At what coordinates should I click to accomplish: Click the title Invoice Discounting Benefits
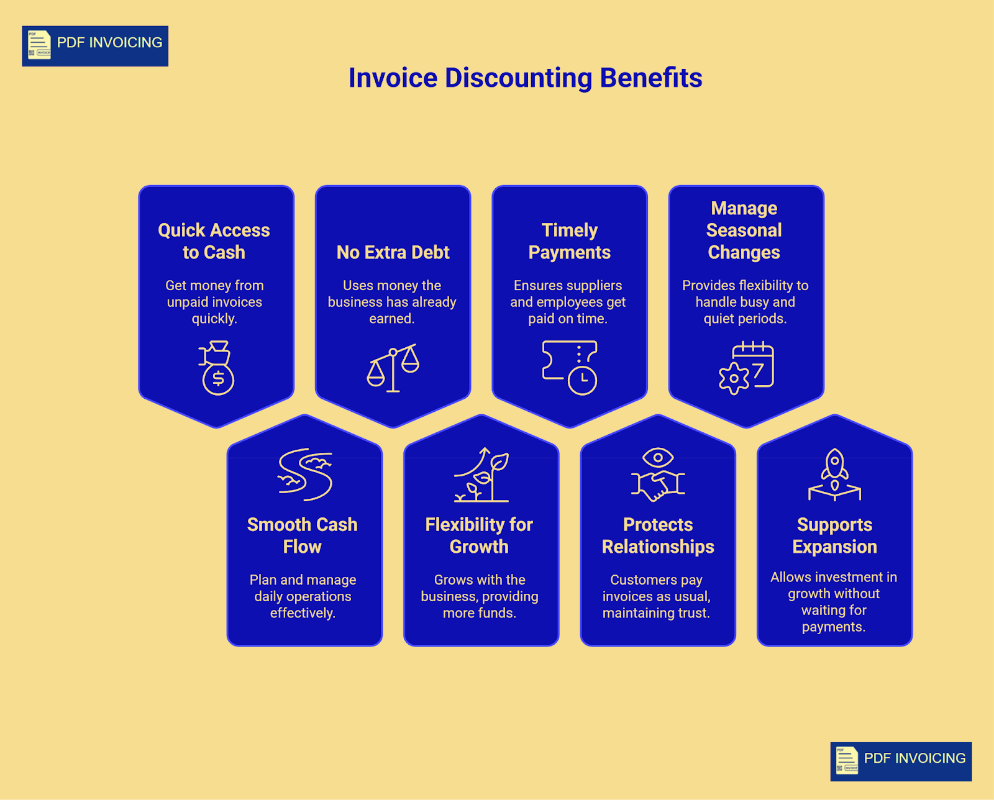click(525, 78)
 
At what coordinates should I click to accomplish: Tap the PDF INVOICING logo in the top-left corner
click(95, 46)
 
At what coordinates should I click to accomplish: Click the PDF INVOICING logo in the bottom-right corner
click(901, 761)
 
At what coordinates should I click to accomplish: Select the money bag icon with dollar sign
click(216, 368)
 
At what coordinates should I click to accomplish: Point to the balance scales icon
click(393, 368)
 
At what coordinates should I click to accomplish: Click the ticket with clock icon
click(570, 368)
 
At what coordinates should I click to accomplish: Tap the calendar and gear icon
click(746, 368)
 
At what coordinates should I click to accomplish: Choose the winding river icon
click(305, 475)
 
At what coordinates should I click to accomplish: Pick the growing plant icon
click(481, 475)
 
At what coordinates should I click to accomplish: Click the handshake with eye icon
click(658, 475)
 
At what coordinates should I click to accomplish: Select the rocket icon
click(834, 475)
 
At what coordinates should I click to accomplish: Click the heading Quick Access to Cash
click(214, 241)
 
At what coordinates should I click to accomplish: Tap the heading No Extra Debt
click(393, 252)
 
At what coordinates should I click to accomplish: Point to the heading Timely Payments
click(570, 241)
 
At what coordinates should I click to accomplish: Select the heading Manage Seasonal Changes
click(744, 230)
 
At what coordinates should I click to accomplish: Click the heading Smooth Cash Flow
click(302, 536)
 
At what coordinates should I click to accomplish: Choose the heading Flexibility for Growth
click(479, 536)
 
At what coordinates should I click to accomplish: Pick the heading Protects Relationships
click(658, 536)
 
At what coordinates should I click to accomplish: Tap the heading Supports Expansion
click(834, 536)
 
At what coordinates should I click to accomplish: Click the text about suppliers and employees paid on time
click(568, 302)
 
